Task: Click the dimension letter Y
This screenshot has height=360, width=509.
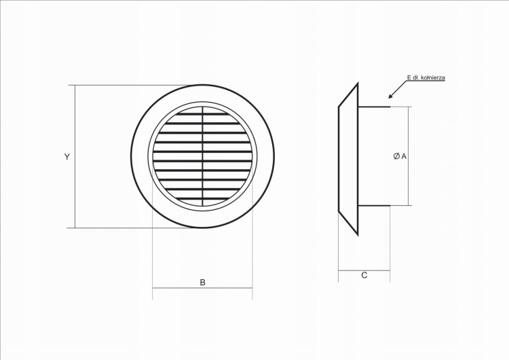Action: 67,157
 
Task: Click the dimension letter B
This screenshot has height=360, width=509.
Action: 202,283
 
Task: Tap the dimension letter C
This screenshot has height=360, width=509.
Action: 364,275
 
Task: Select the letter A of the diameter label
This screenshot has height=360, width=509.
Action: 404,156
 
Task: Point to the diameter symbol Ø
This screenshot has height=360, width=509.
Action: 396,156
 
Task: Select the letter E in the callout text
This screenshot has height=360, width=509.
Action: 409,77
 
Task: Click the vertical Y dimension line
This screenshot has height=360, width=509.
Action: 75,157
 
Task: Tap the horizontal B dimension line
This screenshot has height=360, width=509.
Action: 202,288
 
